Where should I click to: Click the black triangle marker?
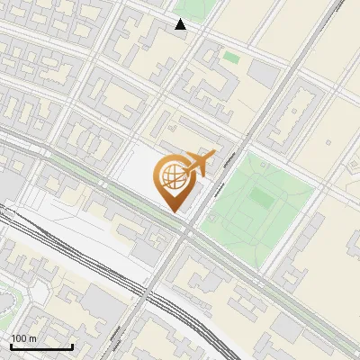pyautogui.click(x=181, y=24)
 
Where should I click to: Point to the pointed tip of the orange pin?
pyautogui.click(x=175, y=211)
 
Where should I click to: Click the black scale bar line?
pyautogui.click(x=41, y=346)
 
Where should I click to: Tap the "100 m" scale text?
pyautogui.click(x=23, y=338)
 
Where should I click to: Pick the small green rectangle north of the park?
pyautogui.click(x=231, y=58)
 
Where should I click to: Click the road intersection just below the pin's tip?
pyautogui.click(x=186, y=233)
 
